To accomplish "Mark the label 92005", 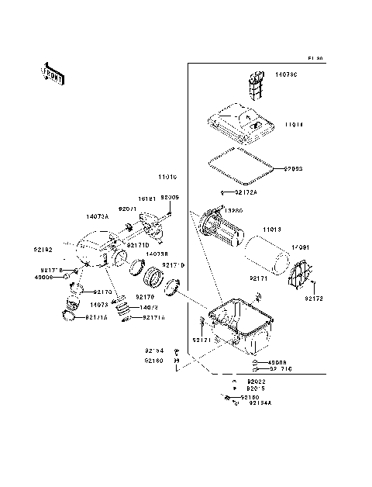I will tap(170, 198).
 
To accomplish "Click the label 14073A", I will tap(98, 216).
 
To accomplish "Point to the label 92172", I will tap(314, 299).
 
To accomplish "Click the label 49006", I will tap(43, 276).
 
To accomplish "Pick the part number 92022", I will tap(257, 382).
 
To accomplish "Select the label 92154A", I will tap(260, 404).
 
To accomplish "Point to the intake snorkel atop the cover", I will tap(255, 85).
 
